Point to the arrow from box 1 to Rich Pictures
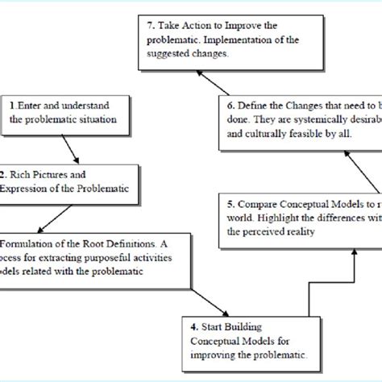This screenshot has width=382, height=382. click(x=69, y=145)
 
